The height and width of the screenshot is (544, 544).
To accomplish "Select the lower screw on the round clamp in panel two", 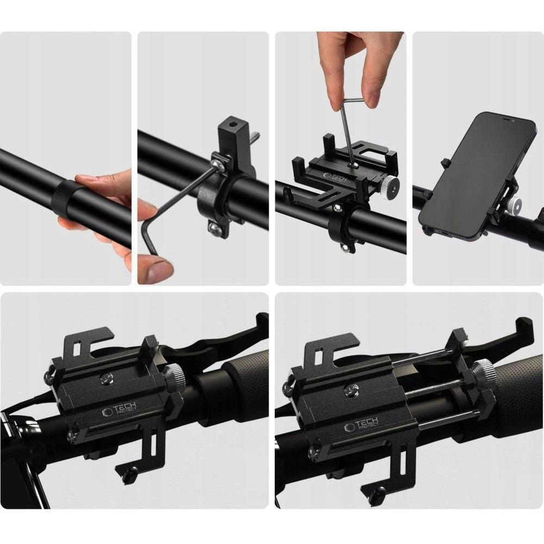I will click(x=215, y=229).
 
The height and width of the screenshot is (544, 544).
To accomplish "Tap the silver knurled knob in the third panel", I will click(x=390, y=186).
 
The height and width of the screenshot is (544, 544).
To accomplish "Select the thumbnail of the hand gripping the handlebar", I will click(x=66, y=158).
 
